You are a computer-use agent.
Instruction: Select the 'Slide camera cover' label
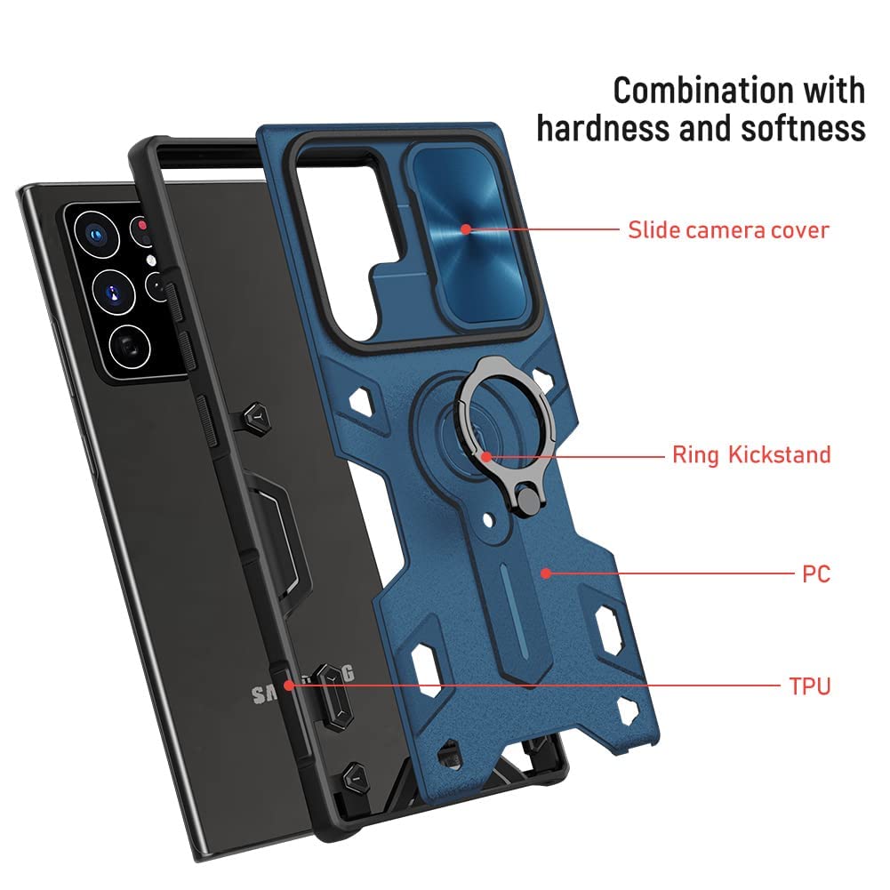pyautogui.click(x=728, y=229)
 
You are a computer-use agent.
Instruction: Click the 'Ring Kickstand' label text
pyautogui.click(x=751, y=455)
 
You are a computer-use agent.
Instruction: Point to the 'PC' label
pyautogui.click(x=815, y=574)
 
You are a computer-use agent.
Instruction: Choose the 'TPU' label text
pyautogui.click(x=809, y=686)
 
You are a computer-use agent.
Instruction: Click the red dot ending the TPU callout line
pyautogui.click(x=288, y=686)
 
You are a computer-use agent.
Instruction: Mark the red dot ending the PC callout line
pyautogui.click(x=545, y=574)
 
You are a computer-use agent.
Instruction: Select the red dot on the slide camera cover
pyautogui.click(x=466, y=229)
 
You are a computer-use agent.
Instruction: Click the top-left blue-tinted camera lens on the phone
pyautogui.click(x=92, y=234)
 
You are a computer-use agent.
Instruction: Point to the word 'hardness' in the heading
pyautogui.click(x=601, y=128)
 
